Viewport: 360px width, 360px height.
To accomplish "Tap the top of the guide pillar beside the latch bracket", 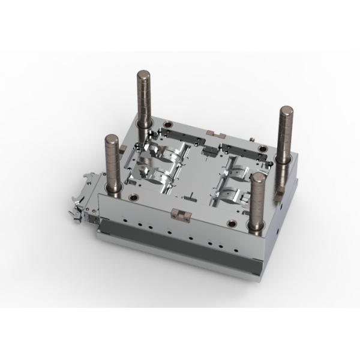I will (112, 139).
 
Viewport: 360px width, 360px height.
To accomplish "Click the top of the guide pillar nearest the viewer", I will (259, 178).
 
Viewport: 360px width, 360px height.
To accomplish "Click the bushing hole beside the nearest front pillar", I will (232, 224).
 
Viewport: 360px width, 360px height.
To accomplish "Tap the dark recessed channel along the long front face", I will (180, 252).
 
